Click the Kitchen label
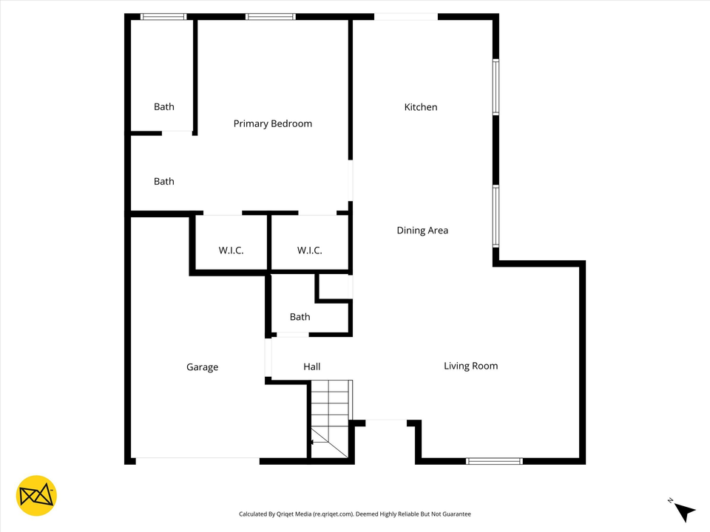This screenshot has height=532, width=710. [420, 107]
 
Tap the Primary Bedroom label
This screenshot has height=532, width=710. [272, 123]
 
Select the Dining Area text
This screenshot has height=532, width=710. [422, 231]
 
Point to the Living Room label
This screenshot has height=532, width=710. [470, 366]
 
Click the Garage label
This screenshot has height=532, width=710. [202, 367]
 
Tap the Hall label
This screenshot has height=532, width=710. [311, 366]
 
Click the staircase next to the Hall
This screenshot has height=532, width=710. [330, 418]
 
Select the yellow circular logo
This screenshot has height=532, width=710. [36, 495]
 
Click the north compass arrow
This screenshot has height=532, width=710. [685, 511]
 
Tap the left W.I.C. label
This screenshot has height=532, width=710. [231, 250]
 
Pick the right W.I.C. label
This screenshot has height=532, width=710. [309, 250]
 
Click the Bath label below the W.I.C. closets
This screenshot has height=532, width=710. [300, 317]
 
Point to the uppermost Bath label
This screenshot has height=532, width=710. [164, 107]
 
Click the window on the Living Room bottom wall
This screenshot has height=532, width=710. [494, 461]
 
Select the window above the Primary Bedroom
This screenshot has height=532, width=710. [271, 16]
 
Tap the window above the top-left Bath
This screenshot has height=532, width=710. [163, 16]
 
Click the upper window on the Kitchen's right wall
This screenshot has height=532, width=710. [496, 87]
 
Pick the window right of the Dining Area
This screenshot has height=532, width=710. [496, 216]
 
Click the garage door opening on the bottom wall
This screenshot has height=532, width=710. [197, 461]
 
